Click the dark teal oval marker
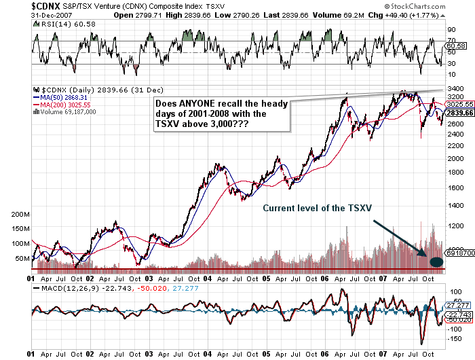pyautogui.click(x=436, y=261)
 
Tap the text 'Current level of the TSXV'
pyautogui.click(x=316, y=207)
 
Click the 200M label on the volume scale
pyautogui.click(x=20, y=213)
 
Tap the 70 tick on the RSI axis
pyautogui.click(x=450, y=31)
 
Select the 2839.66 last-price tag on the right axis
pyautogui.click(x=460, y=113)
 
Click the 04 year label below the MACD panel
pyautogui.click(x=206, y=354)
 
